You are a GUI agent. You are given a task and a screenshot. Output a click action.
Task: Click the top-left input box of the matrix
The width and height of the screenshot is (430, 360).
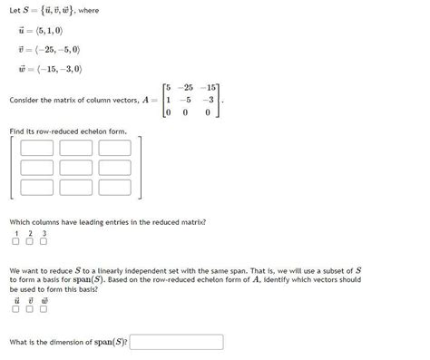point(37,147)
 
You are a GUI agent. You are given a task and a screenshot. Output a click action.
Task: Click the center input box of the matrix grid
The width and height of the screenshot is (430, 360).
point(75,168)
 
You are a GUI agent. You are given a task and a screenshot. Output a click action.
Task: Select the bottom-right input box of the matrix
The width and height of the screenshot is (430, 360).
point(114,188)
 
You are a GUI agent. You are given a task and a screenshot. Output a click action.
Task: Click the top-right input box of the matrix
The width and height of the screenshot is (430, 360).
point(114,147)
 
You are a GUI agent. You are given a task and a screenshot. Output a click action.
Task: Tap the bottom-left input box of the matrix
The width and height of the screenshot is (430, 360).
point(37,188)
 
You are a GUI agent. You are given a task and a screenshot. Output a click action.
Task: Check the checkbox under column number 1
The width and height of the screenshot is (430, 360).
point(15,241)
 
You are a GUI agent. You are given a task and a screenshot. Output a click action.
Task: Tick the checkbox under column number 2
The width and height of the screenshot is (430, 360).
point(29,241)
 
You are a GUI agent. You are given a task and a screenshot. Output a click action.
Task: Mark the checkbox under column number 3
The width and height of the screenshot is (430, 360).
point(44,241)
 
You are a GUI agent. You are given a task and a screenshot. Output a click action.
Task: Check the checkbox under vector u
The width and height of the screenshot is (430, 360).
point(15,309)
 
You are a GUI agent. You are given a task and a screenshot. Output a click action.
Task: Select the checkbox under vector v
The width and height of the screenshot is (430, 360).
point(29,309)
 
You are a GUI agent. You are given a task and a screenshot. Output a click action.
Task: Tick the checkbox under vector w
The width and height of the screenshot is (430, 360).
point(44,309)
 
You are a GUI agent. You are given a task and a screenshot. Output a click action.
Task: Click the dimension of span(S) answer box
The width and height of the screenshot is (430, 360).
point(177,343)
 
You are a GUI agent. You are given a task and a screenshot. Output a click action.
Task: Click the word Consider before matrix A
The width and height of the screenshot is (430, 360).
point(24,100)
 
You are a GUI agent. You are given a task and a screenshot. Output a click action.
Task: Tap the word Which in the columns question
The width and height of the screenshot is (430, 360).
point(21,221)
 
